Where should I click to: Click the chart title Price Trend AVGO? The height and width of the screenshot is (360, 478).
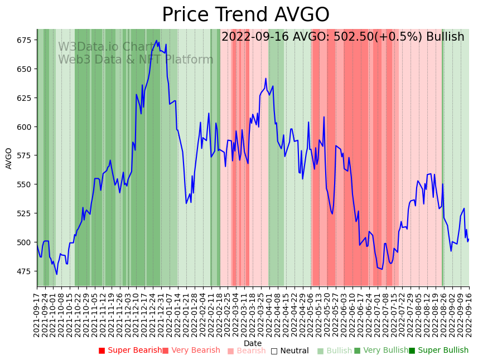(x=245, y=15)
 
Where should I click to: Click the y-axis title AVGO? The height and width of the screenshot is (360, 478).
(x=9, y=158)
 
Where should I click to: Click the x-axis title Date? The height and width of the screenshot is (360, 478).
(x=253, y=343)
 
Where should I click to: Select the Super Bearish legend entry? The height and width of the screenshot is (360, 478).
(x=130, y=351)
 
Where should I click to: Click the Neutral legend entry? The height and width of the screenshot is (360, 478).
(x=289, y=351)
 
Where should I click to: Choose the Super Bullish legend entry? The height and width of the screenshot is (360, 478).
(x=438, y=351)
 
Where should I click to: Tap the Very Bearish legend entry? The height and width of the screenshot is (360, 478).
(x=191, y=351)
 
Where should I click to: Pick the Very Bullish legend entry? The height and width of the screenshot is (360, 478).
(x=381, y=351)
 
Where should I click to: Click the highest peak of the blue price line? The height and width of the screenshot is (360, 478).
(x=157, y=41)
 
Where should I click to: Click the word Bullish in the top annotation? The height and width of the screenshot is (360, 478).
(x=445, y=37)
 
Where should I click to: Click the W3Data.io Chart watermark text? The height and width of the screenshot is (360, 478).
(x=106, y=47)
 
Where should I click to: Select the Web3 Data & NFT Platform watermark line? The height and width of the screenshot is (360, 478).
(x=136, y=60)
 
